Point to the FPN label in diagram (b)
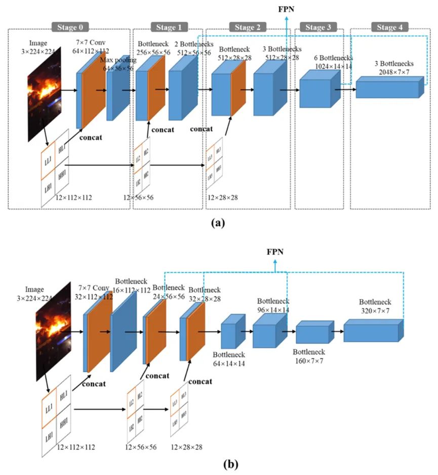(275, 251)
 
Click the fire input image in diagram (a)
(45, 94)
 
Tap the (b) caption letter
(219, 463)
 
